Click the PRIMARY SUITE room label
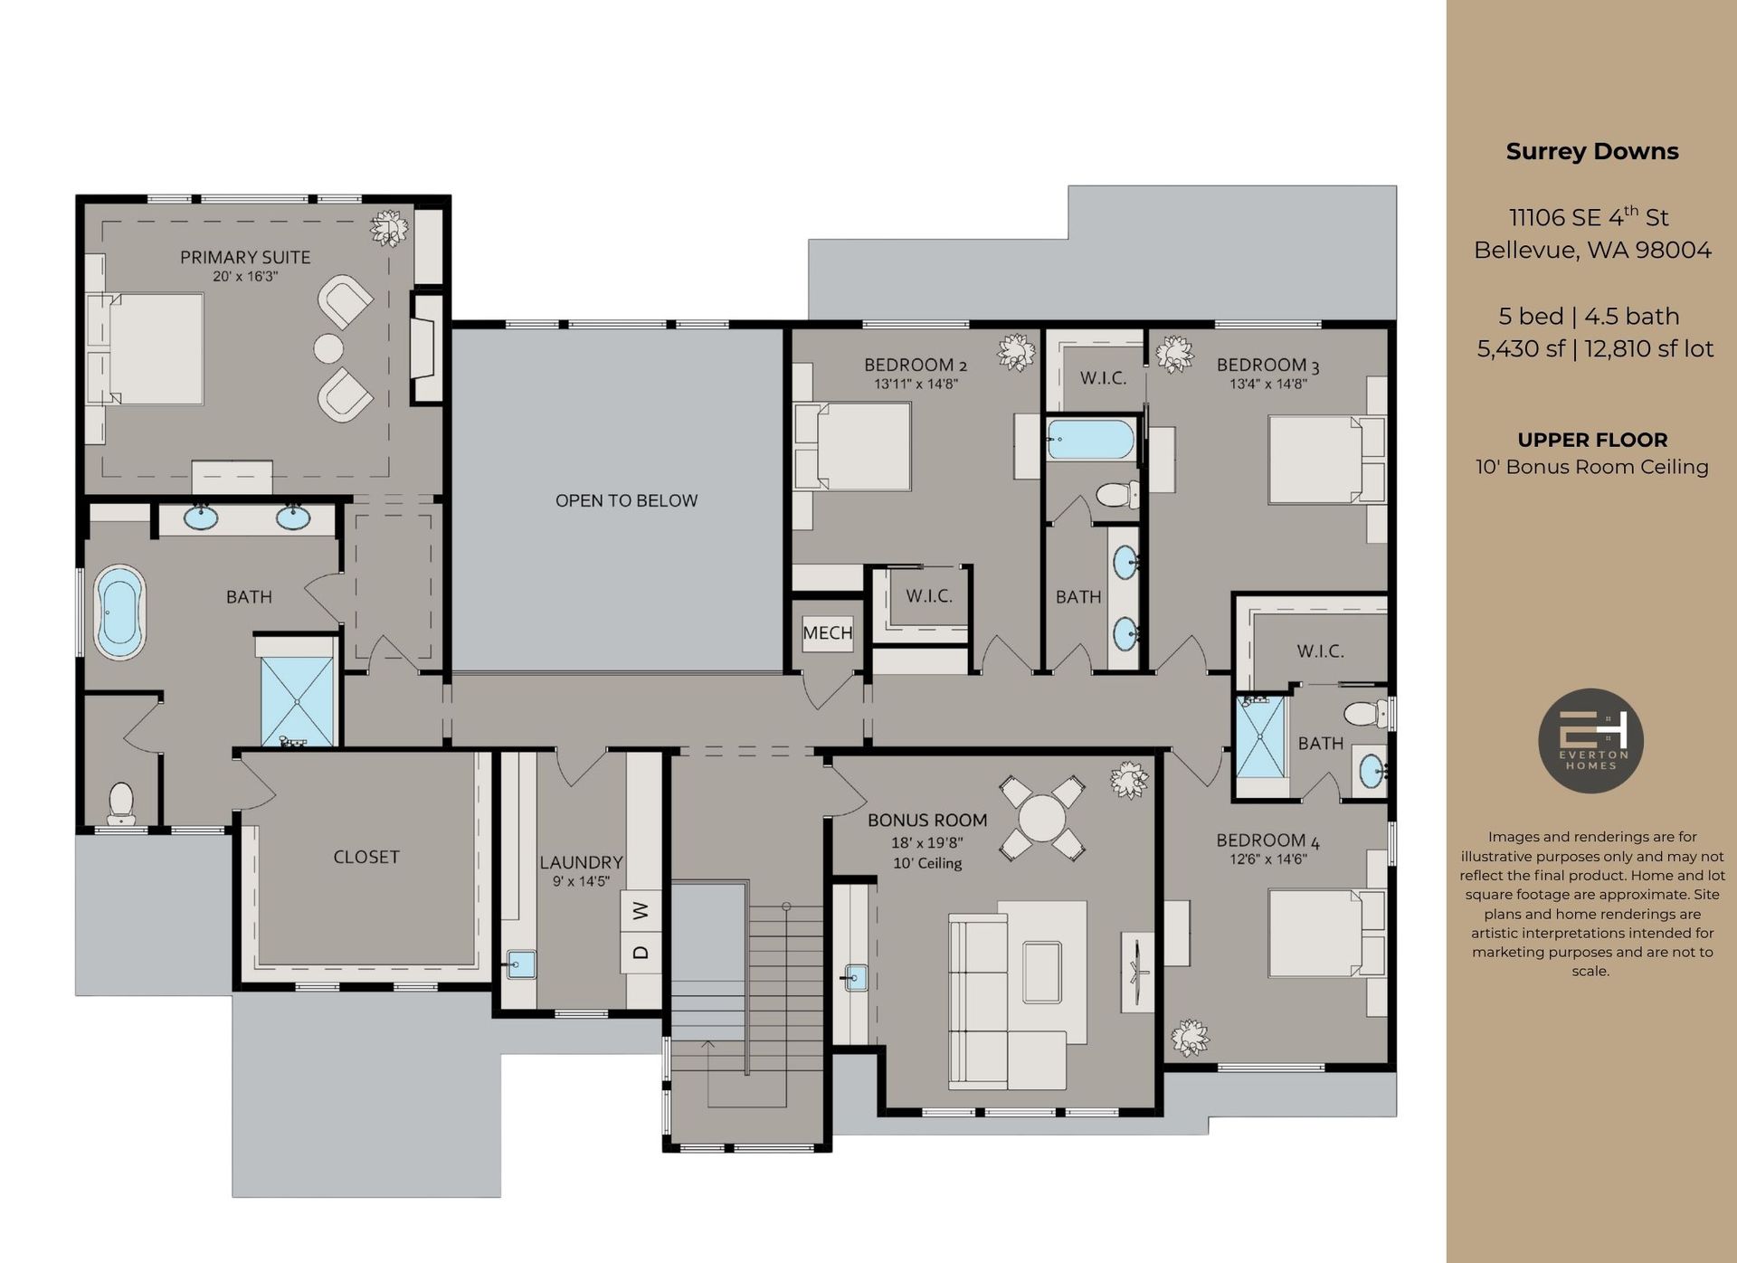point(245,258)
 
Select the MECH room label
point(827,633)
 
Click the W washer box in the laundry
point(641,910)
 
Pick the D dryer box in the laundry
point(641,952)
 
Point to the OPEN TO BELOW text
point(626,501)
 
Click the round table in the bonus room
point(1042,818)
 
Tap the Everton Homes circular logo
point(1590,741)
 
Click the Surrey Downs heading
point(1591,152)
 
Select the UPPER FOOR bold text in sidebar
point(1591,441)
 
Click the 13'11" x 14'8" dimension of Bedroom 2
point(916,385)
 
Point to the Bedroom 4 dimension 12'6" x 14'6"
point(1267,859)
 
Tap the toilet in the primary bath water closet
point(120,802)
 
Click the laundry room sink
point(520,964)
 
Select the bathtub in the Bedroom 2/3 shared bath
point(1090,440)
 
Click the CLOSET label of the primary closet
point(365,857)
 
